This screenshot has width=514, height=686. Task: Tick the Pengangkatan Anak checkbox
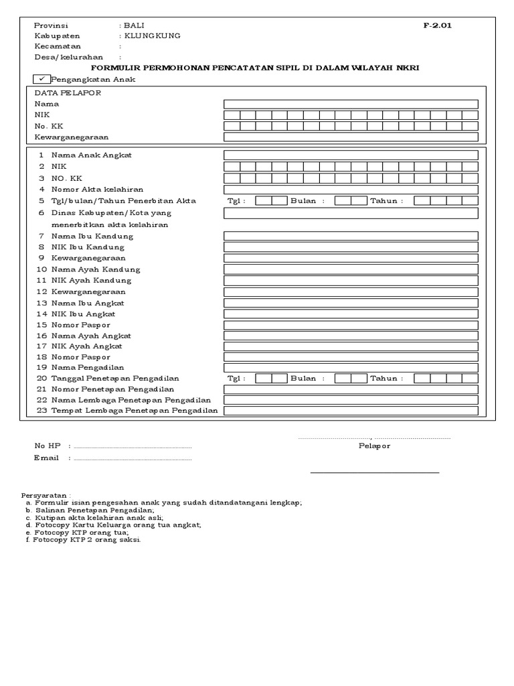41,79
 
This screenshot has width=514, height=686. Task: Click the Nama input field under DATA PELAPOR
351,104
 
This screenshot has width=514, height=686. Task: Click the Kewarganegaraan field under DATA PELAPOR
351,137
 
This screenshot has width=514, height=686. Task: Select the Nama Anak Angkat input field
351,155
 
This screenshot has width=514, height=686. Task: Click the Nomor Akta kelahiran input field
351,190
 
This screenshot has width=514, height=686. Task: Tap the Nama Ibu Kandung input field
351,236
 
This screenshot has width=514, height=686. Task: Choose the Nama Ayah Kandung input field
351,269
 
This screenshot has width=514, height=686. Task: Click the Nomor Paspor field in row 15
351,324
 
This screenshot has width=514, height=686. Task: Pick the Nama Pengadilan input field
351,367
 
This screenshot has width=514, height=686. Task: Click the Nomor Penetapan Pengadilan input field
351,389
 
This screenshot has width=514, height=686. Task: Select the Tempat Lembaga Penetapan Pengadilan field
351,411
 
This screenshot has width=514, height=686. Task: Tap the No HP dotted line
132,447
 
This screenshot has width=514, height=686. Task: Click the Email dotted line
132,459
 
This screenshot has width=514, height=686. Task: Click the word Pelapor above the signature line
374,446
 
